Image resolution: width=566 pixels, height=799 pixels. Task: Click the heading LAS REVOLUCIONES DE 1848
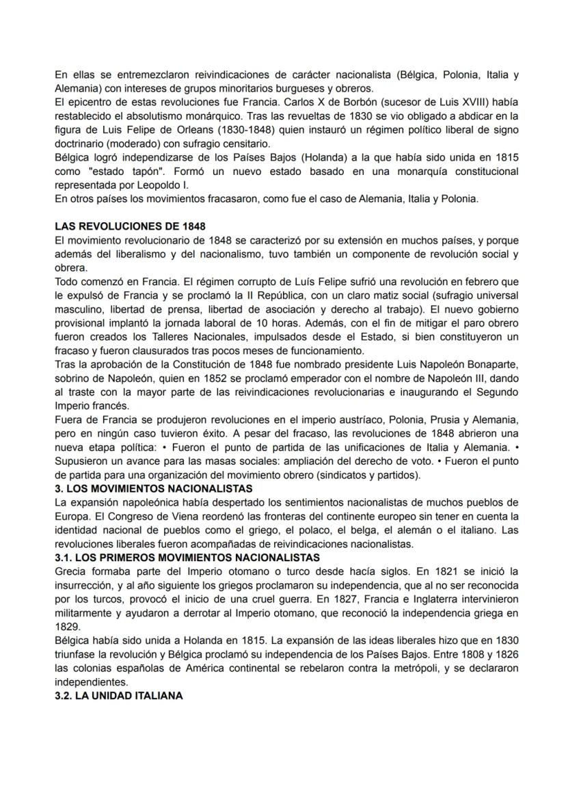click(x=131, y=226)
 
